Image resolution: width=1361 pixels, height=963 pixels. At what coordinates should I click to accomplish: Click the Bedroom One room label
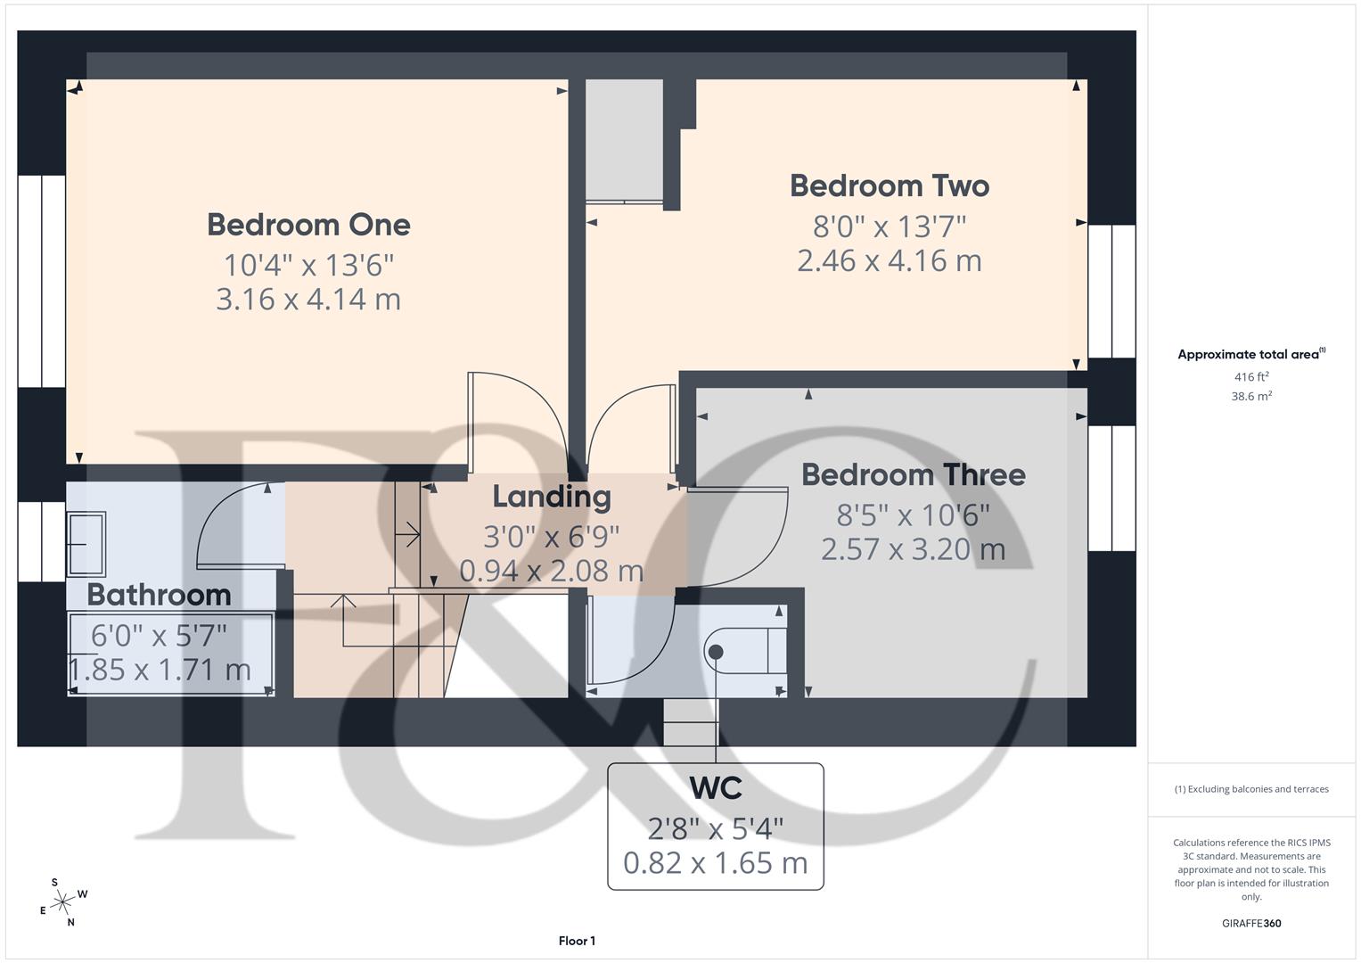pyautogui.click(x=308, y=225)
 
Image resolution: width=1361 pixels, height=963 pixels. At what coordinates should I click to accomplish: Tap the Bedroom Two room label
pyautogui.click(x=890, y=185)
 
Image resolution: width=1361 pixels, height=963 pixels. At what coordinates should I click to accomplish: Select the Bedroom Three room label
pyautogui.click(x=913, y=474)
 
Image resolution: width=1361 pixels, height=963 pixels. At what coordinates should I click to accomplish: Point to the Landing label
pyautogui.click(x=552, y=497)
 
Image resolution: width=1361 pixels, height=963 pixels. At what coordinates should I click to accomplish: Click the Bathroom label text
pyautogui.click(x=159, y=594)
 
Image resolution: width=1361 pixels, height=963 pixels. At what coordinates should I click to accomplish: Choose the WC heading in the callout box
pyautogui.click(x=715, y=788)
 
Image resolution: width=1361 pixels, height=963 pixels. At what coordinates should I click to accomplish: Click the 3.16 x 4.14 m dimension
pyautogui.click(x=308, y=299)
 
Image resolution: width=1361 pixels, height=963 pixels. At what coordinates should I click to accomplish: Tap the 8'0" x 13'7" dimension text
pyautogui.click(x=890, y=226)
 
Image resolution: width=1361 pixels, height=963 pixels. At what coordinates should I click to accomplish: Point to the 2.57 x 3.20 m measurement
pyautogui.click(x=913, y=549)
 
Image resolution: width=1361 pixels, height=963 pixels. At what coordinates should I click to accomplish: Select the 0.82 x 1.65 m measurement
pyautogui.click(x=715, y=862)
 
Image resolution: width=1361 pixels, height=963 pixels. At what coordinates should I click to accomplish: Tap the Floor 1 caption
pyautogui.click(x=577, y=941)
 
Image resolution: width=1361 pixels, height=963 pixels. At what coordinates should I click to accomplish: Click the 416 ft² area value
pyautogui.click(x=1251, y=377)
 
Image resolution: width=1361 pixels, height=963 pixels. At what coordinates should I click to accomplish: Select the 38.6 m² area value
pyautogui.click(x=1251, y=397)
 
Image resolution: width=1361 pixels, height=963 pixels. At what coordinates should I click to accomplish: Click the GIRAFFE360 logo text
pyautogui.click(x=1251, y=923)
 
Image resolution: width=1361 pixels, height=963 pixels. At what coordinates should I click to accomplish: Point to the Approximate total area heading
pyautogui.click(x=1250, y=355)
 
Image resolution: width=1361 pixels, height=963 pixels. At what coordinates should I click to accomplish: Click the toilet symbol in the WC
pyautogui.click(x=744, y=651)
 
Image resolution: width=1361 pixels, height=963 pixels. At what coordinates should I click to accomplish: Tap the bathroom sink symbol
pyautogui.click(x=87, y=543)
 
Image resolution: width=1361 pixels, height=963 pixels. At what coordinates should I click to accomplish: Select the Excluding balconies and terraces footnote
pyautogui.click(x=1251, y=789)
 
